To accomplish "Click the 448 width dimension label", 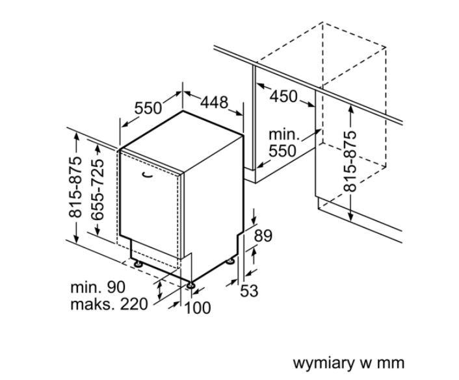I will (214, 102).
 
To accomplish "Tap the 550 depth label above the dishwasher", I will (148, 107).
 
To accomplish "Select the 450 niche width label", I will (283, 96).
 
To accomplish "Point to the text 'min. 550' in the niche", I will (283, 143).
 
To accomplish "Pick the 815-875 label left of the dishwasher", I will (77, 187).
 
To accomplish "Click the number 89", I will (263, 236).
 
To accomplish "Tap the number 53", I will (249, 290).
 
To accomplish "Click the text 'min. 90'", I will (98, 287).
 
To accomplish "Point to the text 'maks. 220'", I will (109, 304).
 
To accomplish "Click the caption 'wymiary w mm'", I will (348, 362).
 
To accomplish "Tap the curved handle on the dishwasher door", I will (146, 174).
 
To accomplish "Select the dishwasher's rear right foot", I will (231, 261).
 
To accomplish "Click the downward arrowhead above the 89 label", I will (254, 221).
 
